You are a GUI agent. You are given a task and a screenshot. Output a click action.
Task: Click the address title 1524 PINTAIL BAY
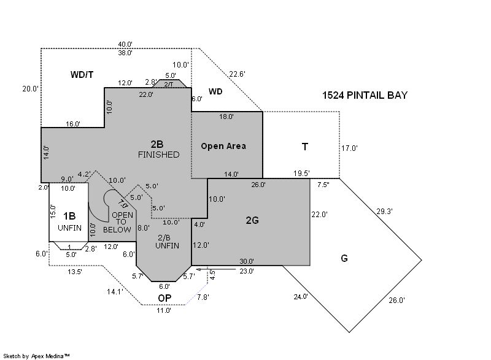coord(365,96)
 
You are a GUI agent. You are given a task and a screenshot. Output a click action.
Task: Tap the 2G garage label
coord(252,220)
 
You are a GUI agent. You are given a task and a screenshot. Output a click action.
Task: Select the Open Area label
coord(223,146)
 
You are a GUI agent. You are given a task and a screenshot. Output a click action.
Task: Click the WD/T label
coord(82,74)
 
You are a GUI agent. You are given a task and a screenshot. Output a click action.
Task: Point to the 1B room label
coord(70,216)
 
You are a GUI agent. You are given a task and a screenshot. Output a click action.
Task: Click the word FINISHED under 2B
coord(158,155)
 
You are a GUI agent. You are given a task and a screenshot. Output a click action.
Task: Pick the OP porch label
coord(164,298)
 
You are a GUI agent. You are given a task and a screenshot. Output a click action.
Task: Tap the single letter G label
coord(344,258)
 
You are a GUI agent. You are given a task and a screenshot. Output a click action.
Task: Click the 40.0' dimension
coord(125,44)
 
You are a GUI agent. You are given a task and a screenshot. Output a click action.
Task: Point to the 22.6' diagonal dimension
coord(237,74)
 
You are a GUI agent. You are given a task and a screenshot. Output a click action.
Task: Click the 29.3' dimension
coord(384,211)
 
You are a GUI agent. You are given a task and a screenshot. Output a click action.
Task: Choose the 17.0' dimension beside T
coord(349,148)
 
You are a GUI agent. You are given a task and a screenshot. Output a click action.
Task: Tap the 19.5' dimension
coord(301,174)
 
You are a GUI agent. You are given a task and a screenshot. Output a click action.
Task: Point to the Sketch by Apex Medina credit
coord(36,355)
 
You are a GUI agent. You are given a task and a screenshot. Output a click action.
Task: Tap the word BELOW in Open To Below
coord(117,229)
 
